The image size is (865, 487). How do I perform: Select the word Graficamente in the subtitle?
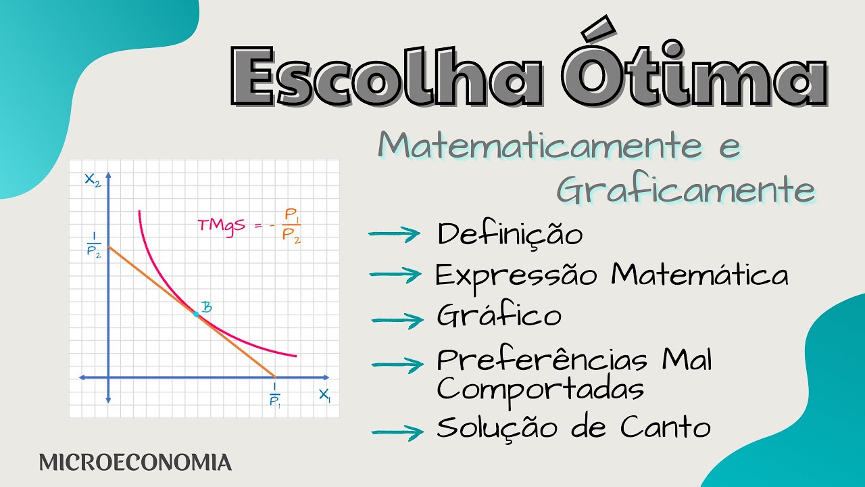[685, 191]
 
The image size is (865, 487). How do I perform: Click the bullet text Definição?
[510, 235]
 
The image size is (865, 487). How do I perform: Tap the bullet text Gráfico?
[499, 316]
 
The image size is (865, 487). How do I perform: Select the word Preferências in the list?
[543, 360]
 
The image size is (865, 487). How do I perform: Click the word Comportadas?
[539, 389]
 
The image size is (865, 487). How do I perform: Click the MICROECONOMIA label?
[135, 463]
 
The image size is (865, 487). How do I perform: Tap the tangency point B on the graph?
[196, 315]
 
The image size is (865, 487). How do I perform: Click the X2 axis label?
[92, 179]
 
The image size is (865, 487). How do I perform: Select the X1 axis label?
[325, 395]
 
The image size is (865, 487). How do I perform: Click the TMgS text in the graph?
[220, 226]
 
